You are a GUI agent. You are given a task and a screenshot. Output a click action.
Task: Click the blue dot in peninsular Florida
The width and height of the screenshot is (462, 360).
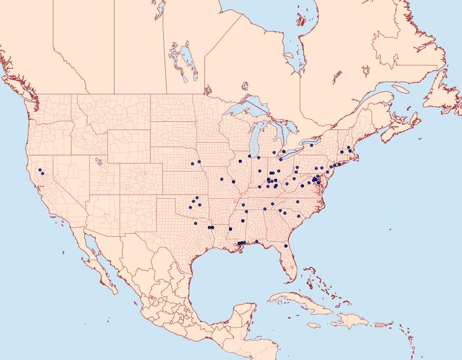click(286, 246)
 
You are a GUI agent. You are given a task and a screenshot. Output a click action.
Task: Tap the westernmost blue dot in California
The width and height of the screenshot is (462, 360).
click(40, 170)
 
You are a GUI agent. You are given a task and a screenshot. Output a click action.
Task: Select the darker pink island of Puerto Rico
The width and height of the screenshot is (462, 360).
click(380, 324)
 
